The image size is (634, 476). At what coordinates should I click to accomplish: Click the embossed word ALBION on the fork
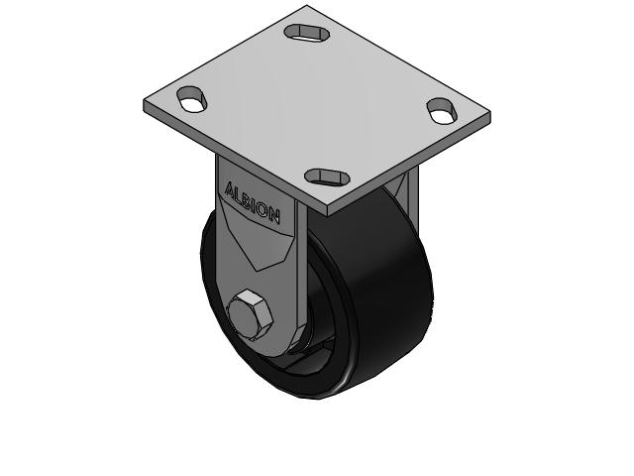coord(254,201)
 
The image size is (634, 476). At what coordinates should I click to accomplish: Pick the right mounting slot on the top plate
coord(440,111)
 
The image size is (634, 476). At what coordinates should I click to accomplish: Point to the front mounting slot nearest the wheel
coord(326,177)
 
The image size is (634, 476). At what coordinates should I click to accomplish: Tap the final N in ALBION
coord(275,215)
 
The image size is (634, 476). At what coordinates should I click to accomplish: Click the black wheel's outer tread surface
coord(386,288)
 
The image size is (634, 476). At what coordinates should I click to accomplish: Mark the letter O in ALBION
coord(265,209)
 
